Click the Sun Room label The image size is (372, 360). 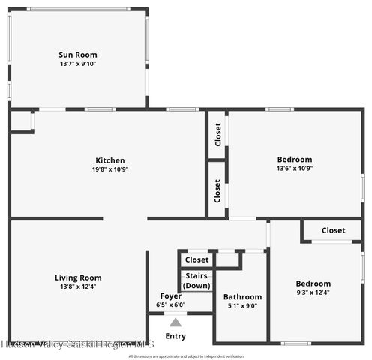click(x=78, y=55)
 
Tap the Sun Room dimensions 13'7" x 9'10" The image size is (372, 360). click(x=78, y=64)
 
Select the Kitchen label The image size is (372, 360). click(x=110, y=160)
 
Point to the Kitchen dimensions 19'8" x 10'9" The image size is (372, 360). click(x=110, y=169)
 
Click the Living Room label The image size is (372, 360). click(x=78, y=277)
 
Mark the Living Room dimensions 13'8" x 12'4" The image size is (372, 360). click(x=78, y=286)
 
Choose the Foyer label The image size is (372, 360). click(x=170, y=296)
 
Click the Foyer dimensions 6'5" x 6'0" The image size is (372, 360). click(x=170, y=305)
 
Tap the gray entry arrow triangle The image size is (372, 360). click(x=175, y=322)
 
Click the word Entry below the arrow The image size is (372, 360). click(x=175, y=336)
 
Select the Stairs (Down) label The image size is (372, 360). click(x=196, y=280)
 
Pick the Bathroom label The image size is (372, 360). click(x=243, y=297)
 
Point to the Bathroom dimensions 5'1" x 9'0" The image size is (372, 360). click(x=243, y=306)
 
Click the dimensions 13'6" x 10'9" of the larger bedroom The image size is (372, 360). click(x=295, y=169)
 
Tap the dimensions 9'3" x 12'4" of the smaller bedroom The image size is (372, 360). click(x=313, y=292)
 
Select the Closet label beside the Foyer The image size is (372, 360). click(x=196, y=259)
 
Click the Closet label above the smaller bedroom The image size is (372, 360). click(x=333, y=230)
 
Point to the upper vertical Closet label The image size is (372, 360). click(x=217, y=135)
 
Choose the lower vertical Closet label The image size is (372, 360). click(x=217, y=192)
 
